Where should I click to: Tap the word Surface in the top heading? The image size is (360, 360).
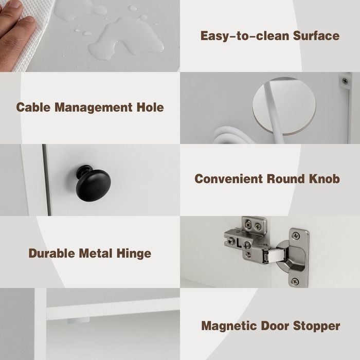point(316,36)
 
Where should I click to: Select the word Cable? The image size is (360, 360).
point(33,107)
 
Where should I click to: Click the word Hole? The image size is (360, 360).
point(150,107)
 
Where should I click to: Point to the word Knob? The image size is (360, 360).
point(324,179)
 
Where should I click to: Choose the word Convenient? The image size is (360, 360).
point(228,179)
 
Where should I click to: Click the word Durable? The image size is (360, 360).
point(51,253)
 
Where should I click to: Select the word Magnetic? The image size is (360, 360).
point(229,327)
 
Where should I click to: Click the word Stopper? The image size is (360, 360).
point(317,327)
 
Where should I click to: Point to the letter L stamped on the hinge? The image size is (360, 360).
point(239,244)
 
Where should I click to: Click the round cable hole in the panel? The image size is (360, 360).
point(284,106)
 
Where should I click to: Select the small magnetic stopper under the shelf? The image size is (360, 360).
point(78,320)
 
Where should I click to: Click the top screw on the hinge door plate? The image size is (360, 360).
point(296,236)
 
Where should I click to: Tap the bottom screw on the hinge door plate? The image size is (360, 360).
point(296,281)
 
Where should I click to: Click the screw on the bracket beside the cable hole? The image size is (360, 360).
point(345,81)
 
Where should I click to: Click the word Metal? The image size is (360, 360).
point(96,253)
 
